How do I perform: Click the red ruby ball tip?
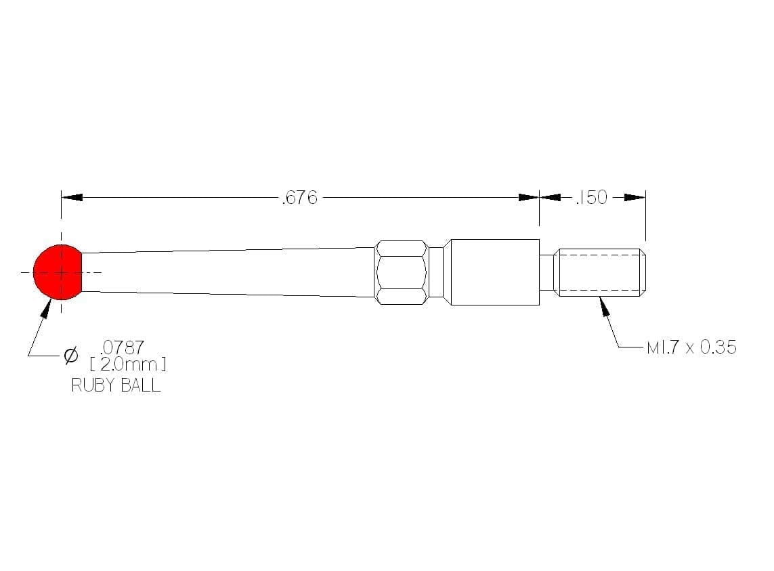pos(58,272)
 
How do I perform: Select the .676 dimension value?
pos(299,198)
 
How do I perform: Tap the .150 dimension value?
pos(591,197)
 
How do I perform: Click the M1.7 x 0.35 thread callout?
pos(691,347)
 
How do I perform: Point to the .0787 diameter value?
pos(122,347)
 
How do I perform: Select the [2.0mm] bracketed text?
pos(128,364)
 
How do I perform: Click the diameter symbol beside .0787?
pos(71,355)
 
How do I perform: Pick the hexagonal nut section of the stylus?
pos(402,272)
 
